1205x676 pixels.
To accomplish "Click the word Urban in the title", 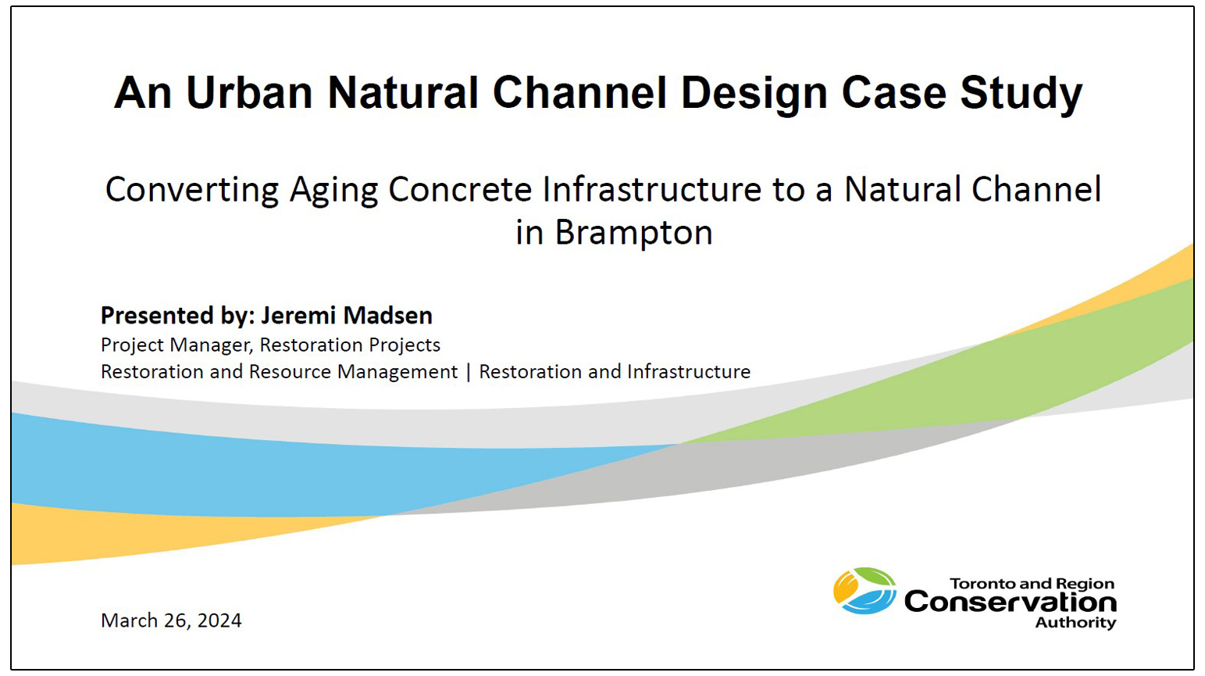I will point(249,93).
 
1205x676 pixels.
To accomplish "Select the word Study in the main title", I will point(1021,93).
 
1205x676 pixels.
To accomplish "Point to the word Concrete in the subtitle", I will point(460,190).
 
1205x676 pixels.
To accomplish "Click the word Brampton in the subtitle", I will point(633,233).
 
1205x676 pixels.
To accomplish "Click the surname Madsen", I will point(387,316).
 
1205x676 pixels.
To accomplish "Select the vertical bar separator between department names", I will point(469,372).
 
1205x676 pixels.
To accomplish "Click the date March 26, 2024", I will point(171,621).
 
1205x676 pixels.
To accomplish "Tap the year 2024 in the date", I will point(219,621).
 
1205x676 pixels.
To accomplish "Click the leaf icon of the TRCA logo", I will point(865,591).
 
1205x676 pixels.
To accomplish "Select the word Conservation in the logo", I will point(1010,603).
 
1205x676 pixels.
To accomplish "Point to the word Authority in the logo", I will point(1075,623).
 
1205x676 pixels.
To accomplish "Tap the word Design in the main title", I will point(754,93).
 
